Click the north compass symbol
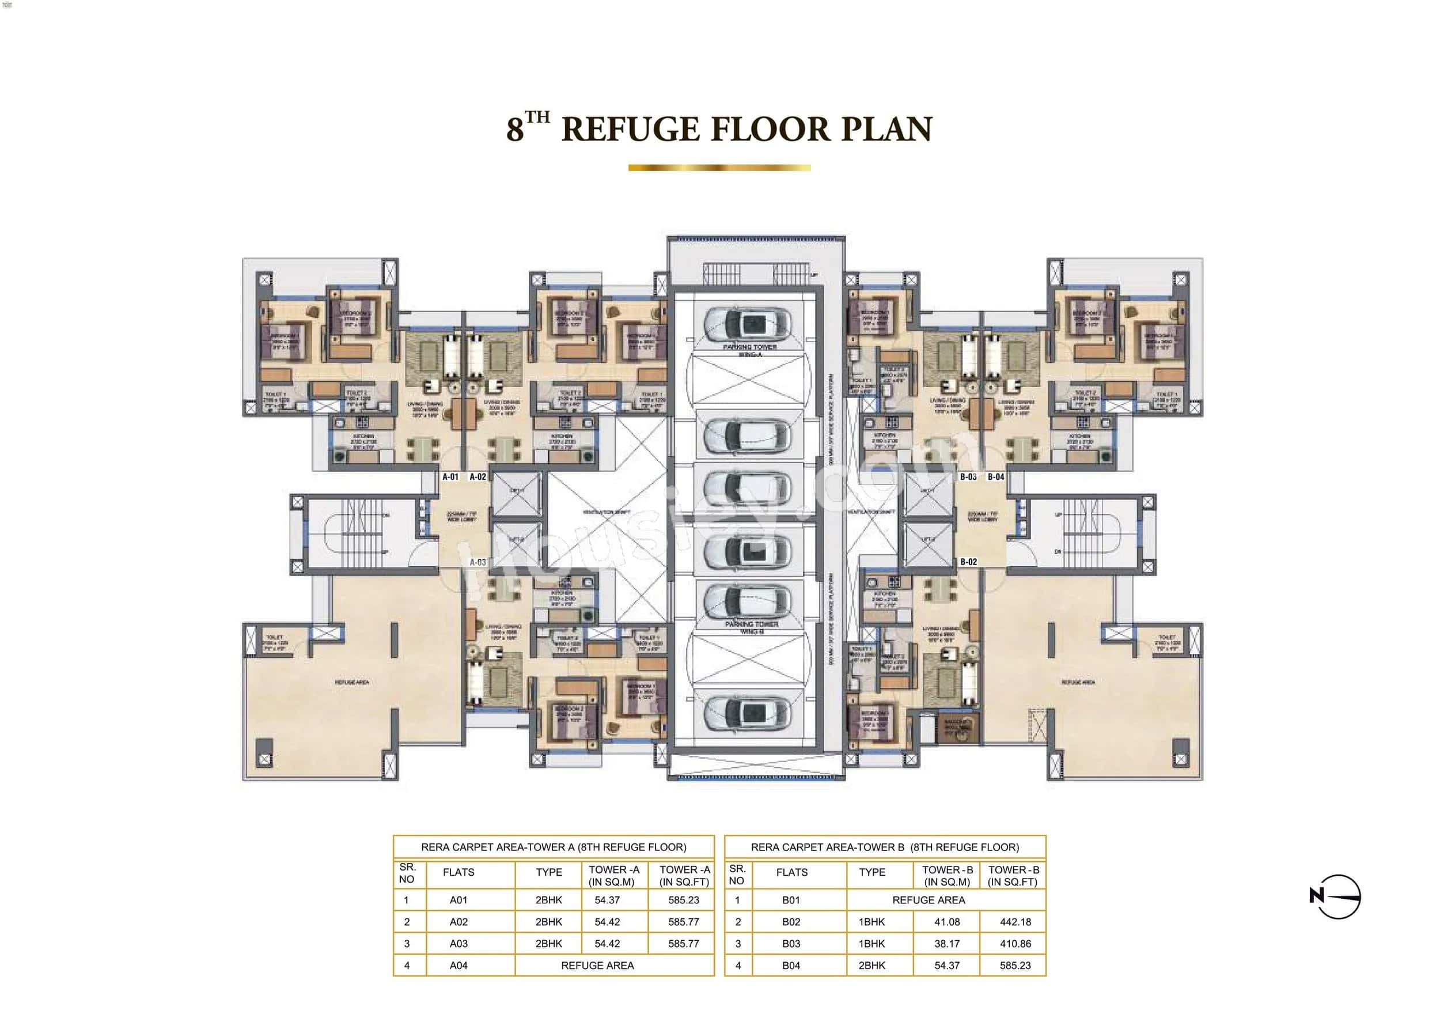[x=1336, y=897]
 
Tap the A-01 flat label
[x=450, y=476]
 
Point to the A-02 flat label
[x=478, y=476]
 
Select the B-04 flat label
[x=996, y=476]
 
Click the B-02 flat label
[x=968, y=562]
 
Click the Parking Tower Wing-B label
[x=751, y=627]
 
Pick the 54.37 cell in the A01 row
[x=607, y=900]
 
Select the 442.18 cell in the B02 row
[x=1015, y=922]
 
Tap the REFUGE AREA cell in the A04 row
[x=597, y=966]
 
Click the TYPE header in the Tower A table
[x=549, y=872]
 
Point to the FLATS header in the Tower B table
[x=791, y=872]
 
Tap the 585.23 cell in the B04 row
[x=1015, y=966]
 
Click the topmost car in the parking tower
[x=746, y=323]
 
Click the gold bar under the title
[x=719, y=168]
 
